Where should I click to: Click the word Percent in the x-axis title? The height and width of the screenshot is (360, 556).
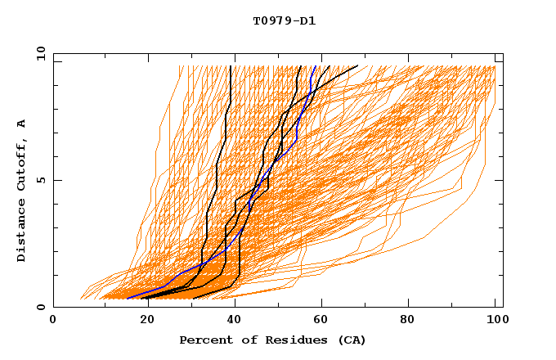click(x=205, y=340)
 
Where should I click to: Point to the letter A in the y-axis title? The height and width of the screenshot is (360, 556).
click(x=22, y=124)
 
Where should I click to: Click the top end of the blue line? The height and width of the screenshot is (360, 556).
click(x=316, y=66)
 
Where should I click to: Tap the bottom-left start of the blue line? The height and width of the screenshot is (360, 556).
click(x=128, y=299)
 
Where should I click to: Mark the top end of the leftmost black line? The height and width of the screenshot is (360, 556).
click(x=231, y=66)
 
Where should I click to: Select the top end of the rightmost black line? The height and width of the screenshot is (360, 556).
click(x=357, y=66)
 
